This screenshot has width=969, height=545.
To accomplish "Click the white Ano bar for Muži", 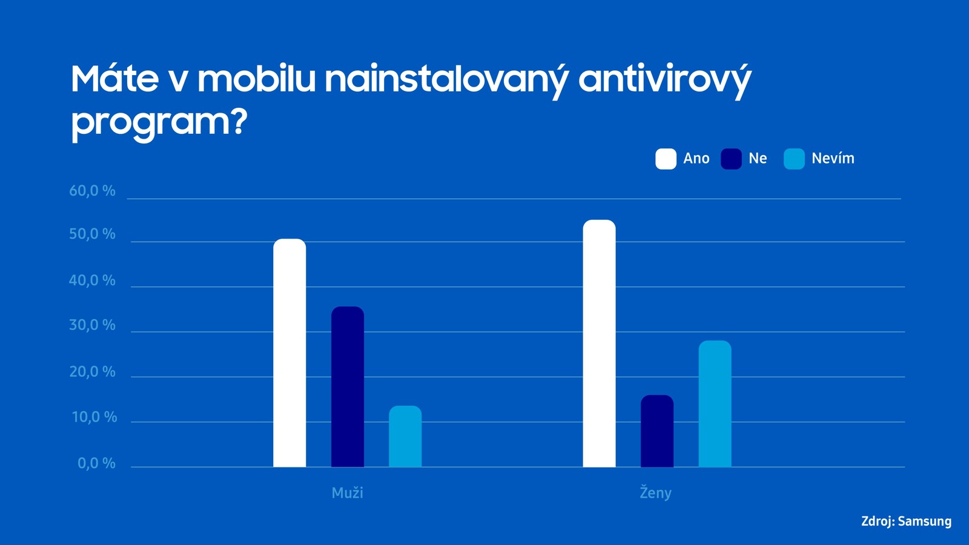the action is point(289,352).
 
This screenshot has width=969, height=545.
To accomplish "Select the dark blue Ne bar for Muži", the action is point(348,387).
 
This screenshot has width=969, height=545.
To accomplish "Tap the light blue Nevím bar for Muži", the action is point(405,437).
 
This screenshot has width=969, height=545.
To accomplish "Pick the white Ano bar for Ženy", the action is point(599,343).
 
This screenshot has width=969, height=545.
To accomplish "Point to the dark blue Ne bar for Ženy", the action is point(657,431).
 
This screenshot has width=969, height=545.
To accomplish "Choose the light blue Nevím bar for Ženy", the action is point(715,403).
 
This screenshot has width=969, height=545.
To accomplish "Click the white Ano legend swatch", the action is point(666,159).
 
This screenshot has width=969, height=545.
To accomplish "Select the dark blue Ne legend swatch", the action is point(731,159).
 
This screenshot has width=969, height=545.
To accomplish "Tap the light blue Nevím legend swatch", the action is point(794,159).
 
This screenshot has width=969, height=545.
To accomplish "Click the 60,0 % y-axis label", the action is point(92,191).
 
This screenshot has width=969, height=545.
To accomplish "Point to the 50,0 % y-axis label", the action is point(92,234).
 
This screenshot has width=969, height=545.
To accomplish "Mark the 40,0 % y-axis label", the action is point(92,281).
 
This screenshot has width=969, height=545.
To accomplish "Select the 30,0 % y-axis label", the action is point(92,325).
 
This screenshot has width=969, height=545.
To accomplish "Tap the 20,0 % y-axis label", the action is point(92,372).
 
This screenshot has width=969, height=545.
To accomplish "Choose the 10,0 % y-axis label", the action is point(94,417).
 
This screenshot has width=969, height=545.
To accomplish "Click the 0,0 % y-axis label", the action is point(96,464).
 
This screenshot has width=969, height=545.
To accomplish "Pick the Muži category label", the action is point(348,493).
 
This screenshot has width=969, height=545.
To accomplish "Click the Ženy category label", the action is point(656,493).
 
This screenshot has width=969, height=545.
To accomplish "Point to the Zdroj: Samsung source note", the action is point(906,521).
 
